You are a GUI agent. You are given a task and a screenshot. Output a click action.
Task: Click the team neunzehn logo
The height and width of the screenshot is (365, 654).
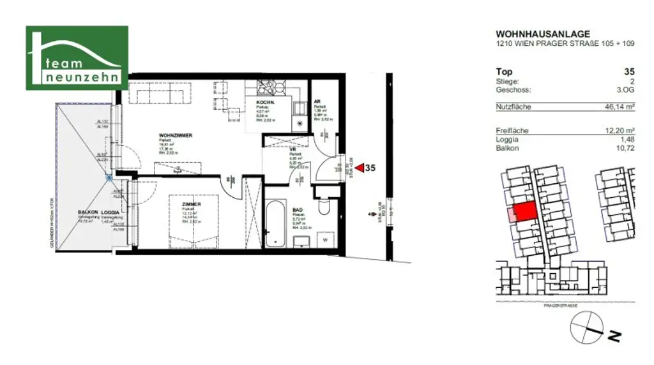(77, 57)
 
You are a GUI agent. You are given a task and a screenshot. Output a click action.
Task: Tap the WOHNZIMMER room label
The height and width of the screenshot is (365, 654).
(176, 135)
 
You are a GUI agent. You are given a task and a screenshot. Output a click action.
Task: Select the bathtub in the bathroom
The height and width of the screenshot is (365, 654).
(276, 224)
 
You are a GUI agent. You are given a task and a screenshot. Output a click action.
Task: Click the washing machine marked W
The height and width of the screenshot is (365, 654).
(325, 240)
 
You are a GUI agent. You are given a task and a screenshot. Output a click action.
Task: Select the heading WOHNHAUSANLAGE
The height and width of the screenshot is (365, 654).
(543, 34)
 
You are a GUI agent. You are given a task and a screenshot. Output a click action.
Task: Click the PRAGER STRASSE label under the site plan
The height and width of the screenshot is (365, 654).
(560, 306)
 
